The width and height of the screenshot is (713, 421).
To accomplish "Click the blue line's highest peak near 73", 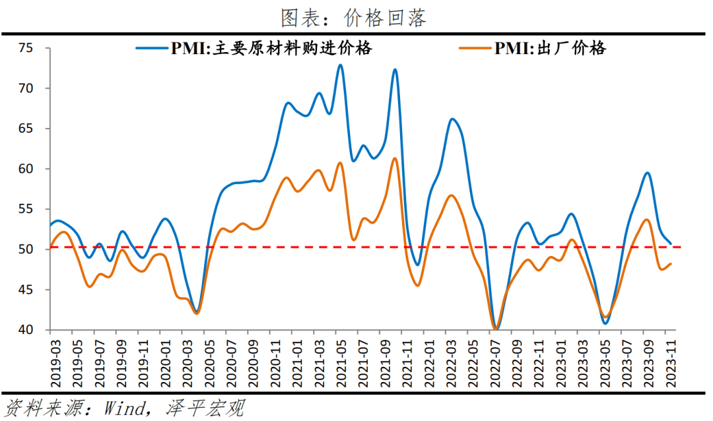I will tap(340, 65).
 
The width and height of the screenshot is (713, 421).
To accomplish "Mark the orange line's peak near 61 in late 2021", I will tap(395, 158).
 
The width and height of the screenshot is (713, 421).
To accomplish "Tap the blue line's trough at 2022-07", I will tap(496, 329).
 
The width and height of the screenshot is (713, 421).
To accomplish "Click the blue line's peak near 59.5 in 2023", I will tap(648, 173).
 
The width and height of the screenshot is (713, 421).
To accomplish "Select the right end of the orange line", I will tap(671, 264).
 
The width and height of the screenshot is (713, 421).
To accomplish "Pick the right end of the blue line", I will tap(671, 243).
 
